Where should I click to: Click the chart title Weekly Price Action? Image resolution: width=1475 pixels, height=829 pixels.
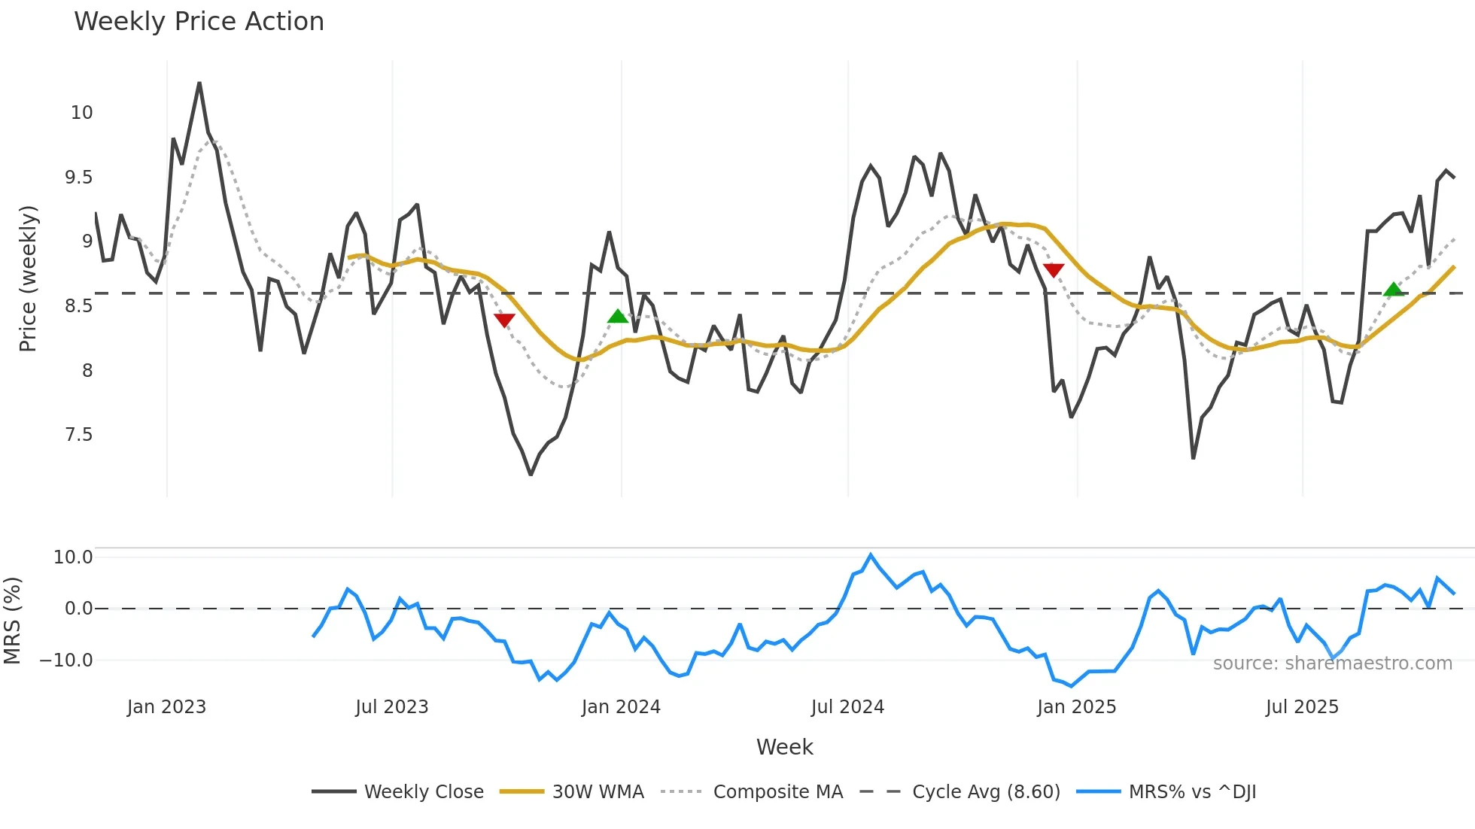click(x=199, y=22)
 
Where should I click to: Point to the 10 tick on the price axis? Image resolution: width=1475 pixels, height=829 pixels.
click(x=81, y=113)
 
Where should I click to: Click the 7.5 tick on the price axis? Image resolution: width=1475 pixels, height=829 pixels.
click(x=78, y=435)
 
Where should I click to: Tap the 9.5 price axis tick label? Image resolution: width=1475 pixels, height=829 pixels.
click(x=78, y=178)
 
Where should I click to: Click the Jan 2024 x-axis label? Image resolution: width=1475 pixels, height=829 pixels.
click(x=621, y=707)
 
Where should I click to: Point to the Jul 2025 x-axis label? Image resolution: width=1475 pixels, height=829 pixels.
click(x=1302, y=707)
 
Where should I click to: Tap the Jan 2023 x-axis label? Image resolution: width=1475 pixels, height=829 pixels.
click(x=166, y=707)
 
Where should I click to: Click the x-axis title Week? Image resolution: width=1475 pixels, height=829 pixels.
click(x=784, y=747)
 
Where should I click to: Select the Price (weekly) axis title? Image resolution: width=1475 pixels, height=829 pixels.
click(x=28, y=278)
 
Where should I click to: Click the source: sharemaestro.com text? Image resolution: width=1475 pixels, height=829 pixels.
click(x=1332, y=663)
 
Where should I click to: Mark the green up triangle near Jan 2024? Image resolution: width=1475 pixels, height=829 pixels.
click(x=618, y=317)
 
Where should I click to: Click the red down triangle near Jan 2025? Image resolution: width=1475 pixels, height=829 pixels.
click(x=1054, y=270)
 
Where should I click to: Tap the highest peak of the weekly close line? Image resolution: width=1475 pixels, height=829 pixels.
click(x=199, y=83)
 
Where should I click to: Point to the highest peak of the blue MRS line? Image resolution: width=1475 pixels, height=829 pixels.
click(x=871, y=555)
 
